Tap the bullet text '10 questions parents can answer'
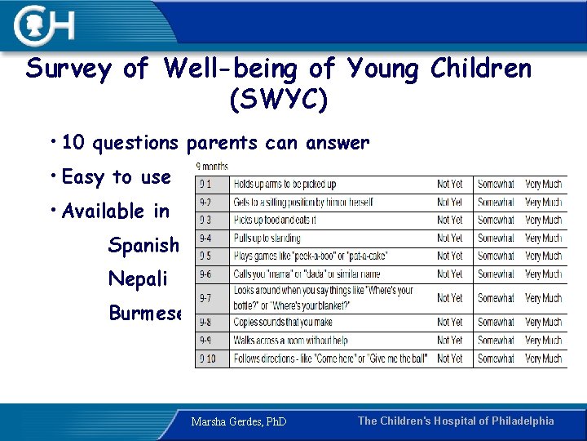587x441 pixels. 215,143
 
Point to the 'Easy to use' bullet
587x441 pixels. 116,177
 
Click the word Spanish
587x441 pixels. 143,245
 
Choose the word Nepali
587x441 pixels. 138,279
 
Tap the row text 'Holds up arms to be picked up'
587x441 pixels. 285,185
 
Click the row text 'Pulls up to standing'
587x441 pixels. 267,238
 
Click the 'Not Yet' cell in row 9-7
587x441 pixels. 449,298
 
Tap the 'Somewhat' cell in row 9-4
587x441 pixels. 496,238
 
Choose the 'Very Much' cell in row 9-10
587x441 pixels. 543,358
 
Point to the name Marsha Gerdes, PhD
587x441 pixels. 239,422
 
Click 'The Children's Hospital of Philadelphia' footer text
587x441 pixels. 456,421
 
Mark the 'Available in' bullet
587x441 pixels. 115,212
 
